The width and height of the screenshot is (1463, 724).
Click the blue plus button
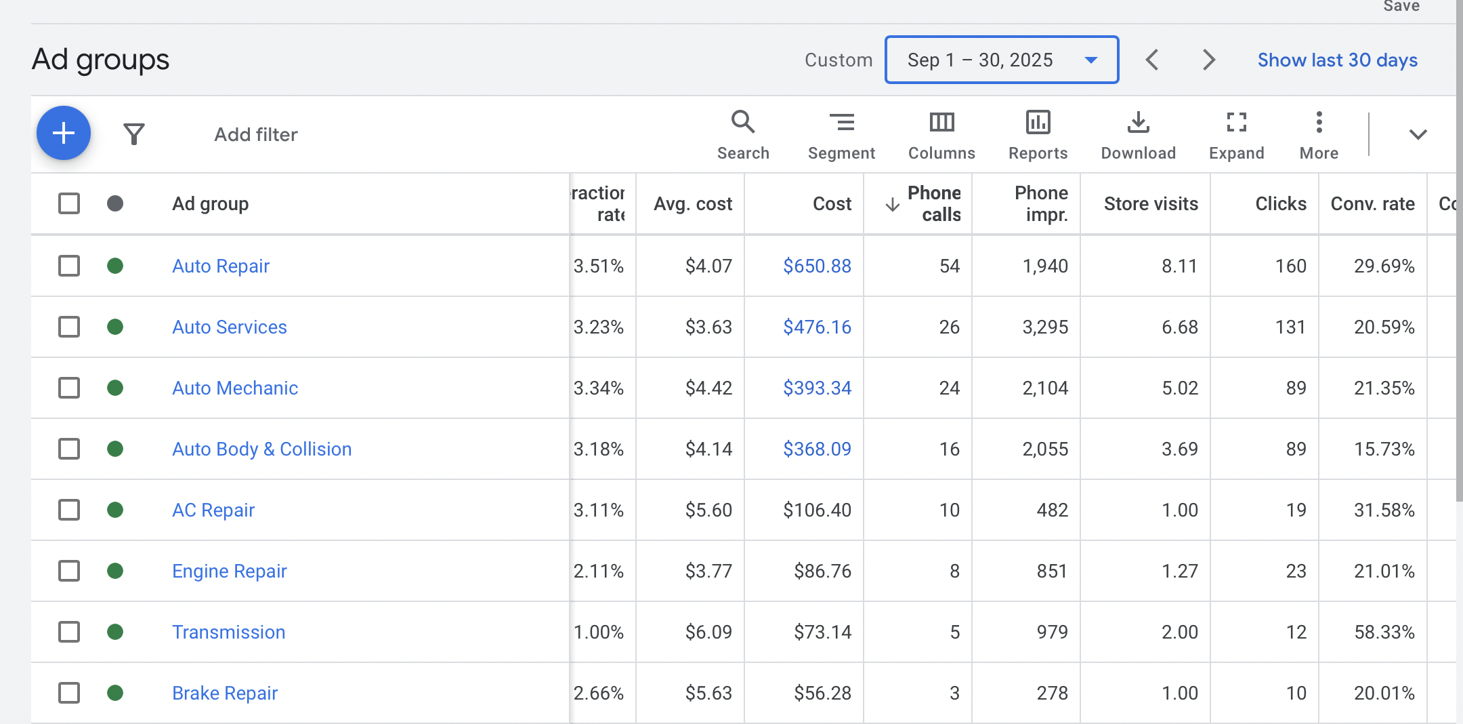point(64,133)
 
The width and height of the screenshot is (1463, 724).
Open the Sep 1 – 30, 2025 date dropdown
point(1001,60)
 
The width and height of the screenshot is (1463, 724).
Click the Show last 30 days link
point(1337,60)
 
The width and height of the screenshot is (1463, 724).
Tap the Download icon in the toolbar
point(1138,123)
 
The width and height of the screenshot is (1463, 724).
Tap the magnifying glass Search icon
point(743,123)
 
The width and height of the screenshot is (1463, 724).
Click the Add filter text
point(256,134)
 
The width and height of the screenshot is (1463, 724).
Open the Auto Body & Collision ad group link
point(261,449)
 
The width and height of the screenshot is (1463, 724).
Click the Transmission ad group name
point(228,632)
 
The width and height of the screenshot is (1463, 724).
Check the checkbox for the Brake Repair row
point(69,693)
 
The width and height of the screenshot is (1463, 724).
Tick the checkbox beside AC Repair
point(69,510)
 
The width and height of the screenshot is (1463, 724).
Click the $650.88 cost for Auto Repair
point(817,266)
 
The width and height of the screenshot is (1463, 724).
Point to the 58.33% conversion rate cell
point(1384,632)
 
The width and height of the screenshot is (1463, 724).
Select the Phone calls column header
point(933,203)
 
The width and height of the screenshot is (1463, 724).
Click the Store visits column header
point(1150,203)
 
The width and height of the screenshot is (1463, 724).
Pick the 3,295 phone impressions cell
point(1044,327)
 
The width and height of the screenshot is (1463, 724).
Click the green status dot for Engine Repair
point(115,571)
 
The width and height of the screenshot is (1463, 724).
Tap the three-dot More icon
point(1319,123)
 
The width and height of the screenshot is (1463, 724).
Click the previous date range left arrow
point(1152,60)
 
